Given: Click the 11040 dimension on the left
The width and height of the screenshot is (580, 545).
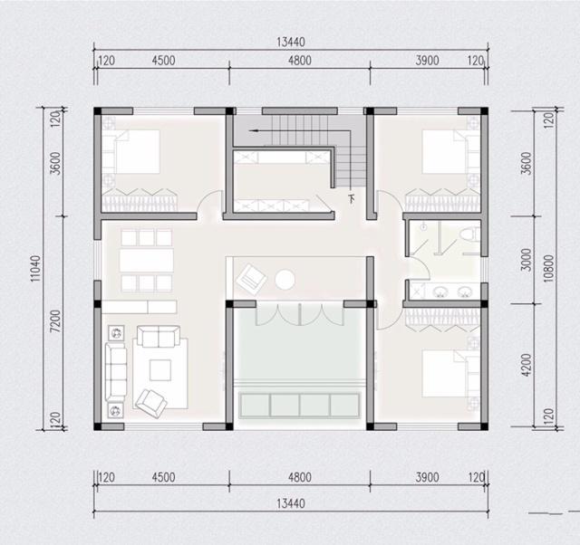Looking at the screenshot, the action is pyautogui.click(x=35, y=269).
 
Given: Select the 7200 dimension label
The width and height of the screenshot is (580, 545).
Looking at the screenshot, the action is pyautogui.click(x=54, y=321).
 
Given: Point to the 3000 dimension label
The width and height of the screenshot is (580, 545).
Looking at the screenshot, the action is pyautogui.click(x=526, y=260).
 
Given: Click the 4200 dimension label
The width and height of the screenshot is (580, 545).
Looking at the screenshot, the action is pyautogui.click(x=526, y=365).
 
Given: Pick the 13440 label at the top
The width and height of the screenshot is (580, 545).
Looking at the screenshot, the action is pyautogui.click(x=291, y=43).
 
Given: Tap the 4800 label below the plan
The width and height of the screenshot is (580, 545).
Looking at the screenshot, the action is pyautogui.click(x=300, y=477).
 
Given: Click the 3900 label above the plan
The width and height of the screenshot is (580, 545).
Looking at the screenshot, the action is pyautogui.click(x=427, y=61).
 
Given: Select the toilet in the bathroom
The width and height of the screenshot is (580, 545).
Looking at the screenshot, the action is pyautogui.click(x=469, y=234).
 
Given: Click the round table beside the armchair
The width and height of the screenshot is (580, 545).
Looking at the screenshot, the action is pyautogui.click(x=285, y=280).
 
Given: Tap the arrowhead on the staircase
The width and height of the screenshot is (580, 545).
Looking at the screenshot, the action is pyautogui.click(x=253, y=130).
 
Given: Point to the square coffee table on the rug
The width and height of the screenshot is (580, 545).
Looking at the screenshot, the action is pyautogui.click(x=160, y=370).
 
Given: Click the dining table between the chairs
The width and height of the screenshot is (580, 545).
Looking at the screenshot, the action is pyautogui.click(x=147, y=261).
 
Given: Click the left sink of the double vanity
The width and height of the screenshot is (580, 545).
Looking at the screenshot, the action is pyautogui.click(x=440, y=292).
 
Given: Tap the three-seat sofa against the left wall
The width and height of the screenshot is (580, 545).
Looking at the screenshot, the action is pyautogui.click(x=116, y=372).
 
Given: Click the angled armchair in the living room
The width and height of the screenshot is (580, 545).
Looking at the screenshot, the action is pyautogui.click(x=151, y=404).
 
